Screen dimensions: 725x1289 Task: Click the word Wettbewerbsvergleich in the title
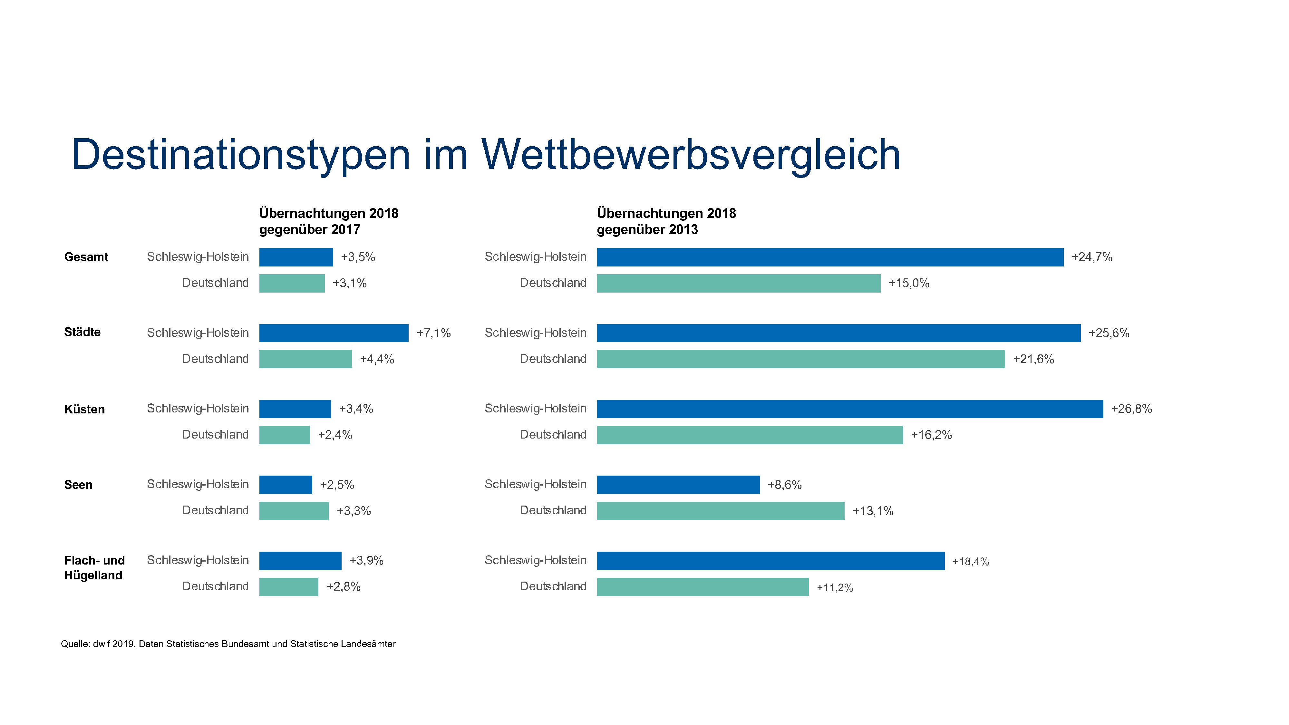coord(691,155)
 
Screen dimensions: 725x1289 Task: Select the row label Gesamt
coord(86,257)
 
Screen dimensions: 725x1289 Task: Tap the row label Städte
coord(82,332)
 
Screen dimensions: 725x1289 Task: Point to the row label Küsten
coord(84,409)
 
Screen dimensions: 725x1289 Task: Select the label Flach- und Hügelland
coord(94,568)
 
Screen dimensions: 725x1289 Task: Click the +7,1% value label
coord(433,333)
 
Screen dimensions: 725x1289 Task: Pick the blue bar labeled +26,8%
coord(850,409)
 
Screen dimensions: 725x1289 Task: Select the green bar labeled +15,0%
coord(739,283)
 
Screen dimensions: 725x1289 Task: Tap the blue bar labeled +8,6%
coord(678,485)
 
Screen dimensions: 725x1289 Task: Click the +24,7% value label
coord(1091,257)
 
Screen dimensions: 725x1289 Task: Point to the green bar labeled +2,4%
coord(284,435)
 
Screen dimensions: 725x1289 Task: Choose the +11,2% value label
coord(834,587)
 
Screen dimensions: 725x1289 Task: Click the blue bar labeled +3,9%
coord(300,561)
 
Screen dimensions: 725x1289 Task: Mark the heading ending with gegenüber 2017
coord(328,221)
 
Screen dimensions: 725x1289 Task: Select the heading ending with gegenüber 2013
coord(666,221)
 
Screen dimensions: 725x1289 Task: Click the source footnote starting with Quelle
coord(228,644)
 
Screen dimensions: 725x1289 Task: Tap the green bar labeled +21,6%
coord(800,359)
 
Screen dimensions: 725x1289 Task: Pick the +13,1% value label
coord(873,511)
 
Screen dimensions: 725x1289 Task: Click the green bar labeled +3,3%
coord(294,511)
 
